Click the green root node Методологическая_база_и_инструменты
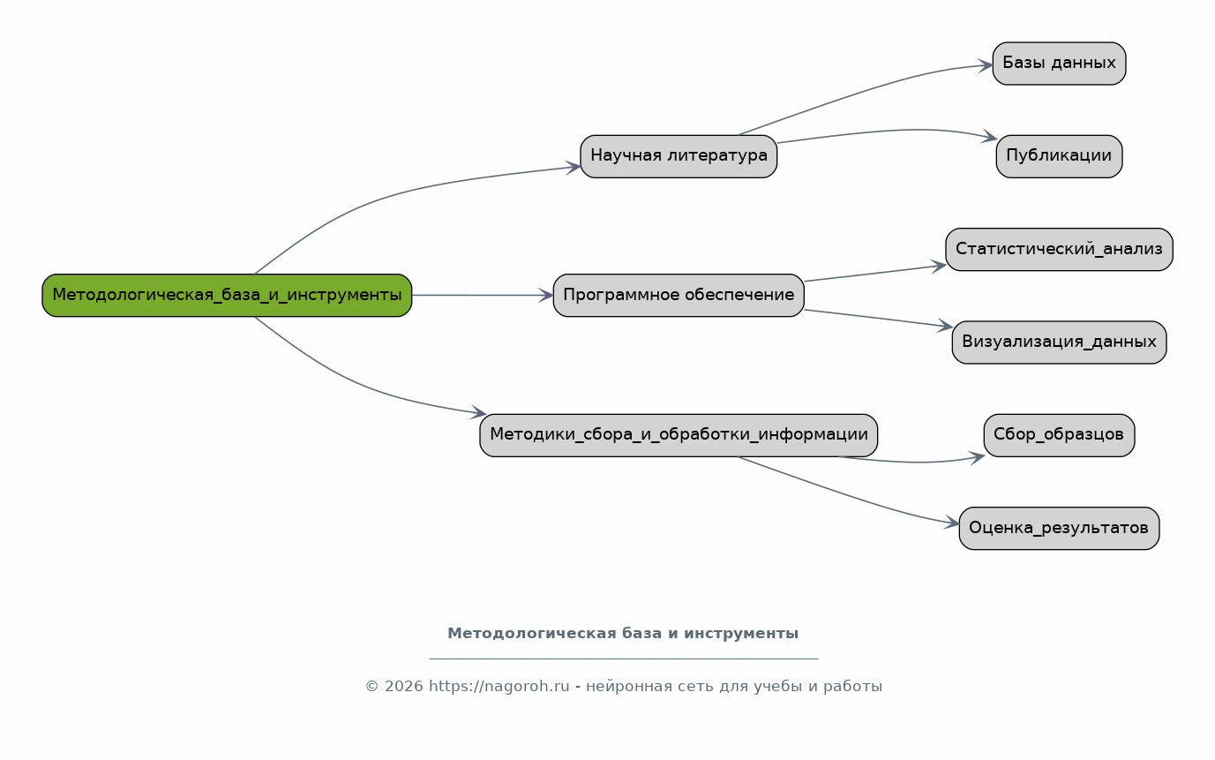(227, 295)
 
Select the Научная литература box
(679, 156)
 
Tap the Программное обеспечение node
(679, 295)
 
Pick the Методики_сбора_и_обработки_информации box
(679, 435)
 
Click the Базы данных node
(1060, 64)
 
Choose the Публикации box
(1060, 156)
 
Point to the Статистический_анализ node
(1060, 250)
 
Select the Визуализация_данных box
(1060, 342)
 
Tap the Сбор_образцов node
(1060, 435)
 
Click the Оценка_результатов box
(1060, 529)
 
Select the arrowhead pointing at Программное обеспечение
(545, 295)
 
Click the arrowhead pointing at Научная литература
(573, 167)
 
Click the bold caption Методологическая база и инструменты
(623, 633)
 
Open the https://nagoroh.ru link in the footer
(499, 686)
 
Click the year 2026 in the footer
(403, 686)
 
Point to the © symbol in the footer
(371, 686)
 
